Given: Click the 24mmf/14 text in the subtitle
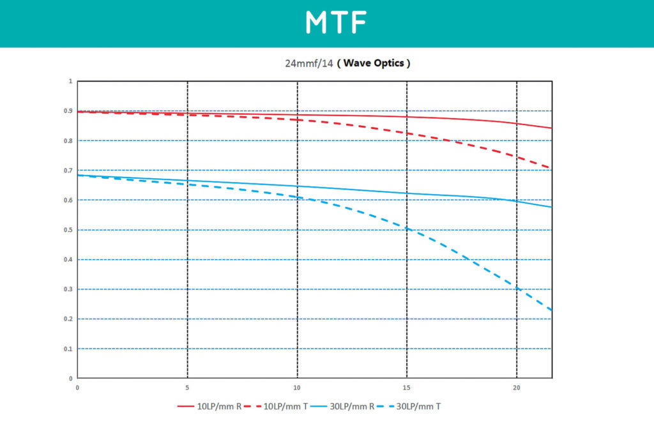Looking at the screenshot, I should click(309, 64).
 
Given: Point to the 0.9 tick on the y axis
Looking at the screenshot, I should click(69, 111).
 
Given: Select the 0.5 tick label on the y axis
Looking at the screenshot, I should click(69, 230).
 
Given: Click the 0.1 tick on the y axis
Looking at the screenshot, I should click(69, 349).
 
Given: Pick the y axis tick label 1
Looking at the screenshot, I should click(71, 82).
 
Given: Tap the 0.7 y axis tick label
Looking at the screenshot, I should click(69, 170).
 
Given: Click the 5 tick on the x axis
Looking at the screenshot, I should click(187, 387).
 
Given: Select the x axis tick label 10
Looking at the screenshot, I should click(297, 387).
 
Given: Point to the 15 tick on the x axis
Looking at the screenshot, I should click(407, 387).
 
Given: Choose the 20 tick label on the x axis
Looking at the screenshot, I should click(517, 387).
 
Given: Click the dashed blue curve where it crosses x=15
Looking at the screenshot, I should click(407, 227).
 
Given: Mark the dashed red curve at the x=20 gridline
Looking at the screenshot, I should click(517, 156).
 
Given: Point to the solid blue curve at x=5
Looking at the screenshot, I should click(187, 181).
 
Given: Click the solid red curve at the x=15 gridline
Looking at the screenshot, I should click(407, 116).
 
